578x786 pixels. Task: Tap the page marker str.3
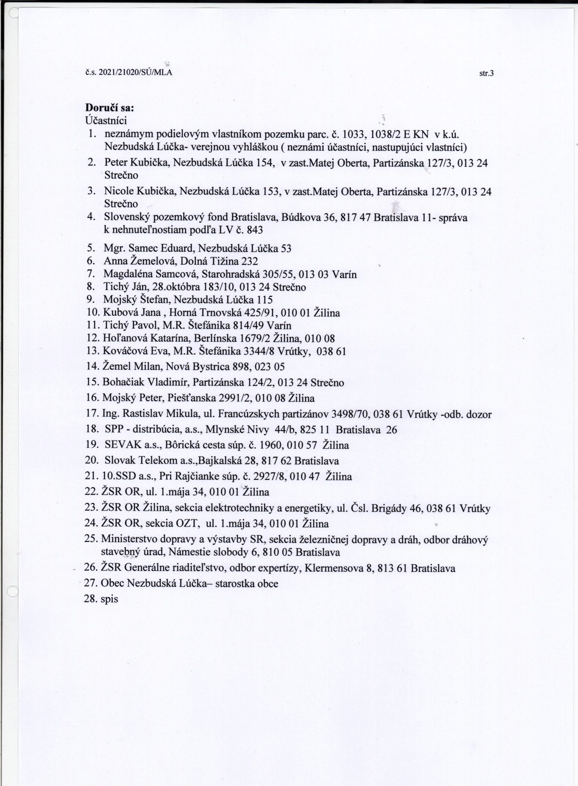pyautogui.click(x=486, y=74)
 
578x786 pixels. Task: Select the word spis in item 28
pyautogui.click(x=109, y=599)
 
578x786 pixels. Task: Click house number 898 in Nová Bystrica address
pyautogui.click(x=240, y=367)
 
